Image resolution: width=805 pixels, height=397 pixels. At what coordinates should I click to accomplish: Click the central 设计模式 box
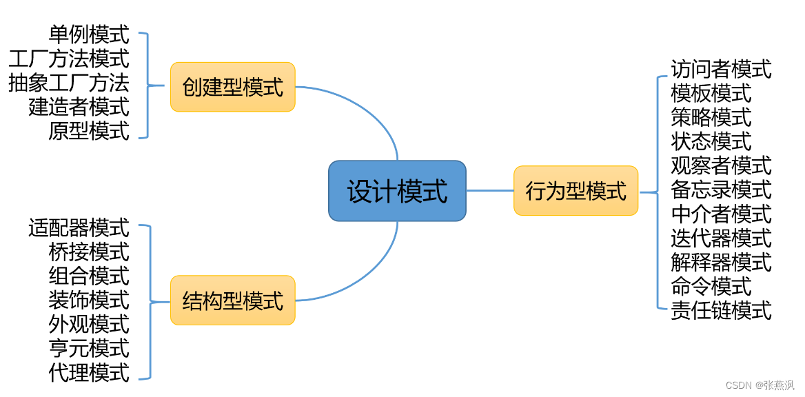tap(397, 191)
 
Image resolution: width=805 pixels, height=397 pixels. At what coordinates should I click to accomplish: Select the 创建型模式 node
tap(232, 87)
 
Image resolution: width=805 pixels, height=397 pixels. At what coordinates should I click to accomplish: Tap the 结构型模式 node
tap(232, 301)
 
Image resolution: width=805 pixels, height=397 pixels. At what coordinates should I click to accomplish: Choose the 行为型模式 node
tap(575, 191)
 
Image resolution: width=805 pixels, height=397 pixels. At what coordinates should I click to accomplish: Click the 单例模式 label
tap(89, 34)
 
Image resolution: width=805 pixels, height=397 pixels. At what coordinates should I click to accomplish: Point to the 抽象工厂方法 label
tap(69, 83)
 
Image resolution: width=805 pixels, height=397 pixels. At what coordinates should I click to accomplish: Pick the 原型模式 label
tap(89, 130)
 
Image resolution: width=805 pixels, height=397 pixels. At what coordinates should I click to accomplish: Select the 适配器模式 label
tap(79, 227)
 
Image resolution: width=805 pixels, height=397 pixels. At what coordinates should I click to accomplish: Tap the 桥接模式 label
tap(89, 251)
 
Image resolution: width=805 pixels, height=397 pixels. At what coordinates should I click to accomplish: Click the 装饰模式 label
tap(89, 299)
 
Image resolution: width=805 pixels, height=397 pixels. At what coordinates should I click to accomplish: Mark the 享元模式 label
tap(89, 348)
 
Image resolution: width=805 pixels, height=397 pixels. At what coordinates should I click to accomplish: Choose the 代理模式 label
tap(89, 372)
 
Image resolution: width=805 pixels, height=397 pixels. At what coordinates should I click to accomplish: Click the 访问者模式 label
tap(721, 69)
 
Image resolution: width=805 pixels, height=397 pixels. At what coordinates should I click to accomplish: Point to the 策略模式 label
tap(711, 117)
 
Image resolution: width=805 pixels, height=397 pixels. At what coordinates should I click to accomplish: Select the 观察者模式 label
tap(721, 165)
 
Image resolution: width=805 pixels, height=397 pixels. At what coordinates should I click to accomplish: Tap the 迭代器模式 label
tap(721, 238)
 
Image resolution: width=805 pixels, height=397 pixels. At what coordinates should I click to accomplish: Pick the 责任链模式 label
tap(721, 310)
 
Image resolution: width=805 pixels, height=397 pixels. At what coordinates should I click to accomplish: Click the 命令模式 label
tap(711, 286)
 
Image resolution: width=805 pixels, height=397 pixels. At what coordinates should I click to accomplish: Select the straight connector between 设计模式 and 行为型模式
tap(490, 191)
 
